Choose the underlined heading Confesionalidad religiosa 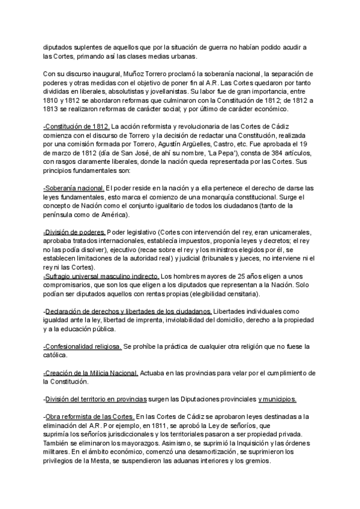click(82, 346)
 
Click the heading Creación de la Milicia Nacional click(91, 373)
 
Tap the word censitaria click(239, 294)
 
